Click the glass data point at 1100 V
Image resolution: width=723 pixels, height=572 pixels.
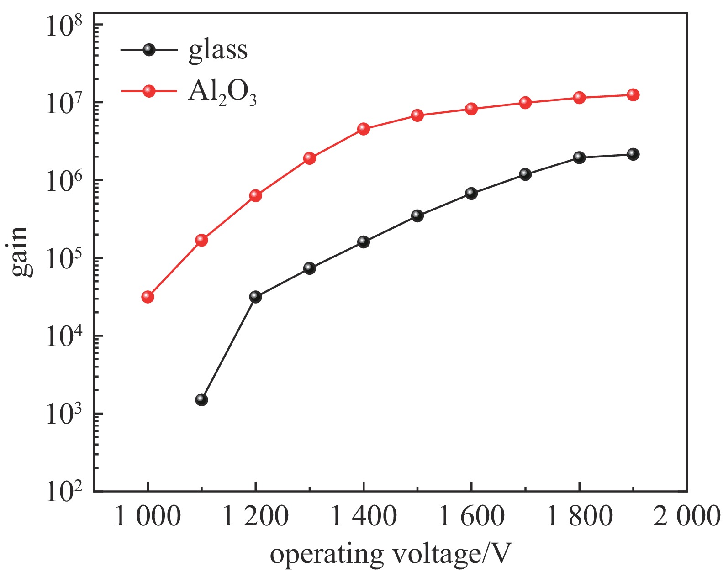(x=201, y=399)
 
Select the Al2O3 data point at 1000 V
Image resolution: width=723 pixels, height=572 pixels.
(x=148, y=297)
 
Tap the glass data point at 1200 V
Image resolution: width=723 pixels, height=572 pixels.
(x=255, y=297)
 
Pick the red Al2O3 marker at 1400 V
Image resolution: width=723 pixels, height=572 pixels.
(x=364, y=128)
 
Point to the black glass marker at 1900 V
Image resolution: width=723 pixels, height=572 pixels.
(x=633, y=154)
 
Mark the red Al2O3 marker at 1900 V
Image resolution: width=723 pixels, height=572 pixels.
(x=633, y=94)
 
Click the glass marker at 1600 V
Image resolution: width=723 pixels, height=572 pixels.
(x=471, y=193)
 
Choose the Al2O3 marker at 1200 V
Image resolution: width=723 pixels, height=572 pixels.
(x=255, y=195)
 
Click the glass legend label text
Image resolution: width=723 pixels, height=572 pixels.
(x=218, y=50)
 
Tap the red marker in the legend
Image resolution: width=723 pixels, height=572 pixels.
(x=149, y=91)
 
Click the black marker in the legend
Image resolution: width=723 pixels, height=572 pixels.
(x=149, y=50)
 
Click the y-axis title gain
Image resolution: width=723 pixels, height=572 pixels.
(x=21, y=251)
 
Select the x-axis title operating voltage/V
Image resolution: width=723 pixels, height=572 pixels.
(x=390, y=554)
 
